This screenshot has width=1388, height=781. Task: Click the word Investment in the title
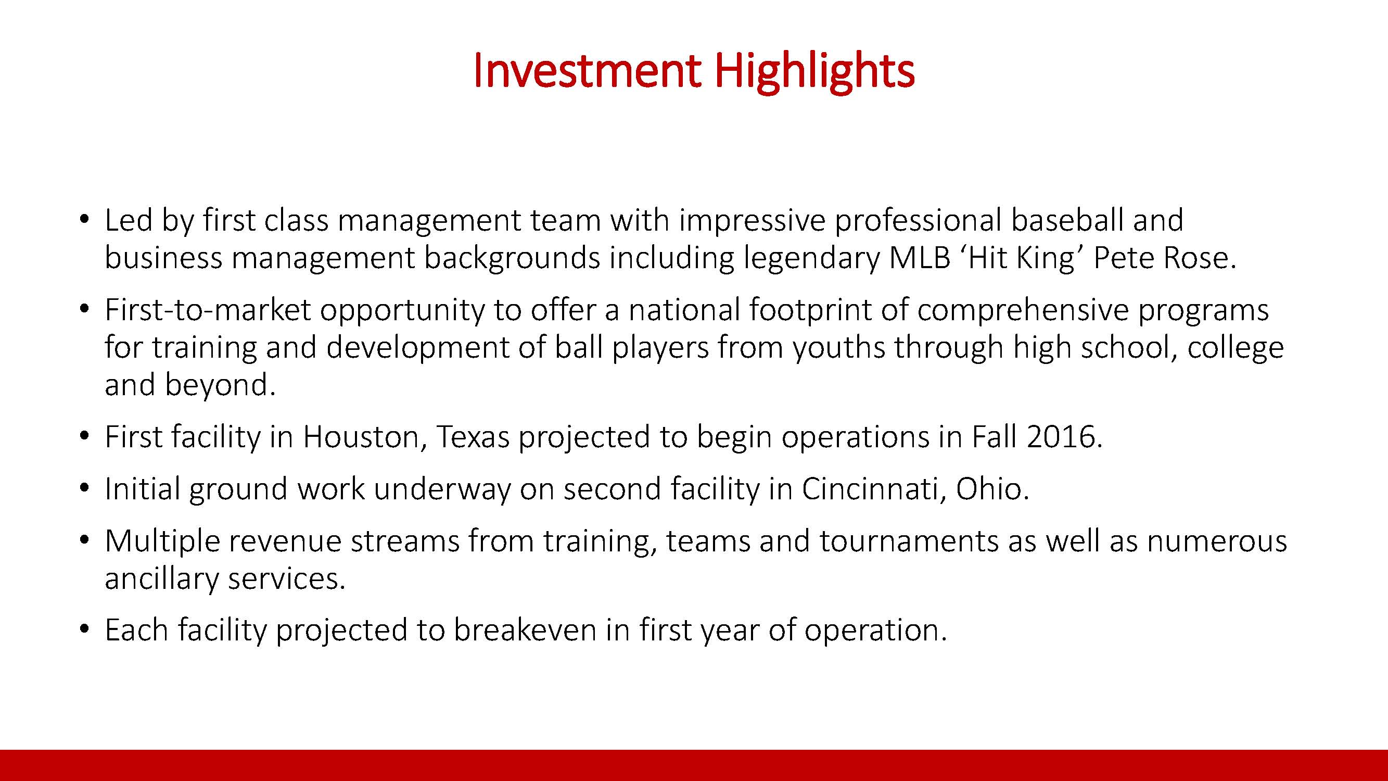click(x=588, y=71)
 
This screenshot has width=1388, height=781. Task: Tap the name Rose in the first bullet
click(x=1200, y=258)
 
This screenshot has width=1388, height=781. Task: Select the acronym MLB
click(x=920, y=258)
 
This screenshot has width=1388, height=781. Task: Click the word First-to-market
click(x=208, y=310)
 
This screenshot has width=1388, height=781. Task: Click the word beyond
click(x=220, y=385)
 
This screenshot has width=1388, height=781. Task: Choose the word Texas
click(x=473, y=437)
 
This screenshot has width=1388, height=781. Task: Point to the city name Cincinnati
click(x=875, y=489)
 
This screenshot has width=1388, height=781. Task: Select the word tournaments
click(x=909, y=541)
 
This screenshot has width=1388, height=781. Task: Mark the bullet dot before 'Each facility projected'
click(x=83, y=629)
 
